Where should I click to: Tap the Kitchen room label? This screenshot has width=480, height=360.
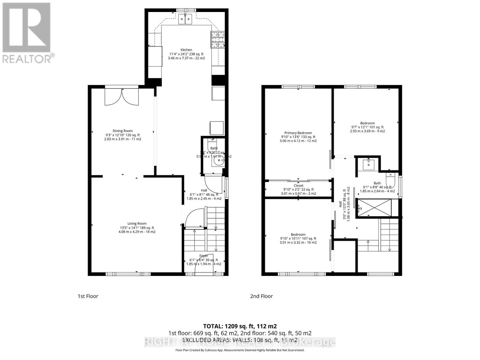pos(186,54)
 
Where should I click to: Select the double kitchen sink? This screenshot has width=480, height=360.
pos(185,19)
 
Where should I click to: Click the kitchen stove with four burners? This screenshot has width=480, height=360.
pos(218,40)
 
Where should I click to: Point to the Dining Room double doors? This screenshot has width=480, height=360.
pos(121,97)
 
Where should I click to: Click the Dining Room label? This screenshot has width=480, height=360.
pos(122,135)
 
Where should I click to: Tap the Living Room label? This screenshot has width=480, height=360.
pos(137,227)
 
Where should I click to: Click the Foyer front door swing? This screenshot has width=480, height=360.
pos(204,267)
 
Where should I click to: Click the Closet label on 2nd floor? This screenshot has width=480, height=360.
pos(298,189)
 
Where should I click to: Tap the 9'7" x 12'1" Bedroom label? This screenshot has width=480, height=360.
pos(367,127)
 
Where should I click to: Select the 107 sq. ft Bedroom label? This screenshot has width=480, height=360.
pos(298,238)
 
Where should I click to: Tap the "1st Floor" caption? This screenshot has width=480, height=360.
pos(88,296)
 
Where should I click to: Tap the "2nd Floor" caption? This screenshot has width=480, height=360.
pos(261,296)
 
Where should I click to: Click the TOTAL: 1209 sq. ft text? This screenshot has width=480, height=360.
pos(240,326)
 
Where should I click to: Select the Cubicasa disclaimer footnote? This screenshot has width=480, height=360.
pos(240,350)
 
